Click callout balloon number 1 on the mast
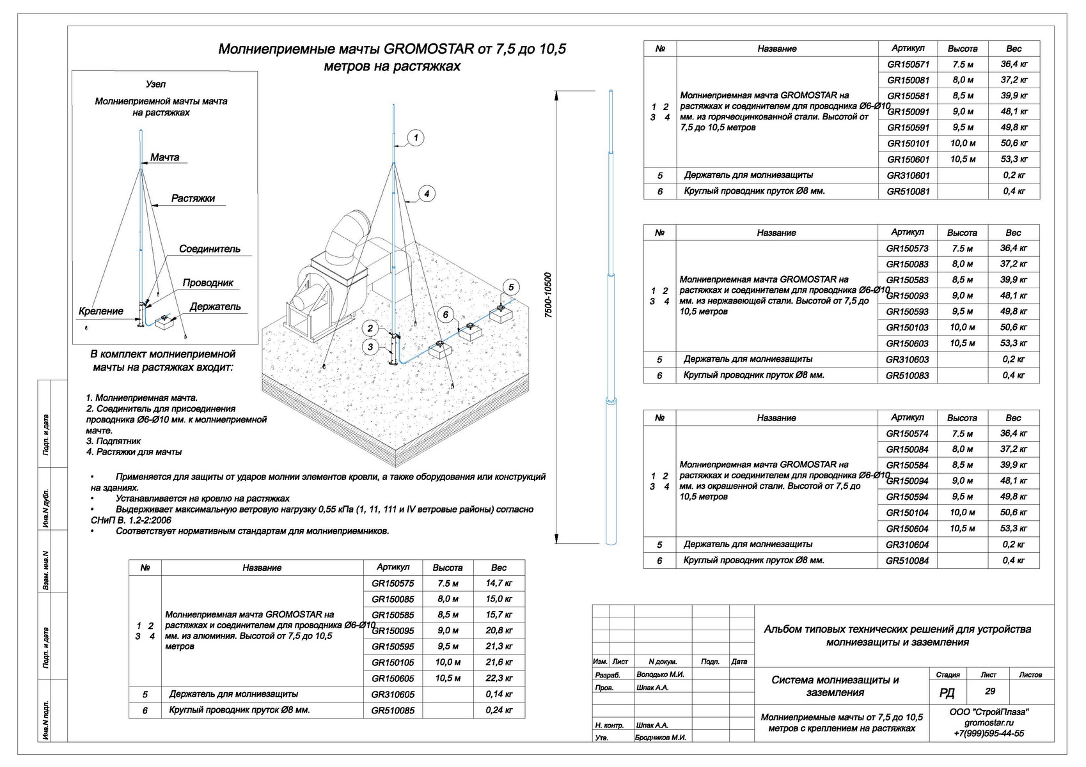(416, 138)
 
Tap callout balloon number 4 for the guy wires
(427, 194)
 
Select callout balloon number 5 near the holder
(510, 287)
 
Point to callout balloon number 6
(446, 314)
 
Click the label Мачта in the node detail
(165, 158)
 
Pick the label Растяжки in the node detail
(193, 199)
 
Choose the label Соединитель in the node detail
(210, 249)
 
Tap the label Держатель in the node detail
(216, 307)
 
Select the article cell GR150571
(908, 65)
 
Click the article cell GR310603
(908, 360)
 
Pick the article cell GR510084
(908, 561)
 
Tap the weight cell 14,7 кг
(499, 584)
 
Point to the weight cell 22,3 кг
(499, 679)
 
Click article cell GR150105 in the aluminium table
(393, 663)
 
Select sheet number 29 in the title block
(989, 692)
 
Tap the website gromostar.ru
(989, 723)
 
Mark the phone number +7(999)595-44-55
(989, 734)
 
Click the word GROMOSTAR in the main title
(429, 49)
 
